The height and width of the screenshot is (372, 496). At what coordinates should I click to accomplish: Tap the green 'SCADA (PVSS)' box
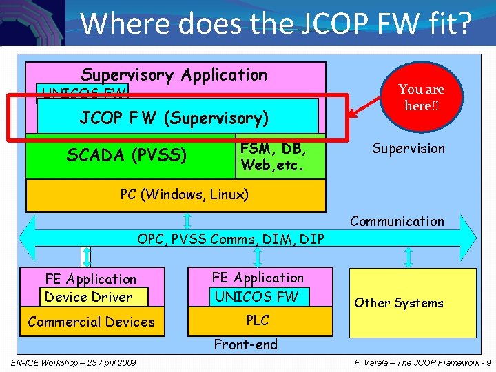127,156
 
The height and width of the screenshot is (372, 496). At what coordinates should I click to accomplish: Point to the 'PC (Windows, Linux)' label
184,195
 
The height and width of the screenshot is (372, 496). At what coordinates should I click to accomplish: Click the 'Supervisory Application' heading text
174,74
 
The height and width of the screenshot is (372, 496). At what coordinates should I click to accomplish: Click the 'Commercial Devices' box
92,322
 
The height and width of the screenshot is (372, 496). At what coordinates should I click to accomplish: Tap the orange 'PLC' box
258,320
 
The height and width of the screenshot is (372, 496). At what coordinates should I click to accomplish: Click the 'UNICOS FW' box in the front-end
258,297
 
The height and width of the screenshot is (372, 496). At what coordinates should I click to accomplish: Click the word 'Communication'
397,221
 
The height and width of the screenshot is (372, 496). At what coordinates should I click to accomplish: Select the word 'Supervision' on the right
409,148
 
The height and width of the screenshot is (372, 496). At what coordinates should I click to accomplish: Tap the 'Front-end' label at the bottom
245,344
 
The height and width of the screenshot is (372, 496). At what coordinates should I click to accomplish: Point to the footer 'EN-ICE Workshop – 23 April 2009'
74,363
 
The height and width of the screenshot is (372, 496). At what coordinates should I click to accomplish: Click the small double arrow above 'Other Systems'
409,258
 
